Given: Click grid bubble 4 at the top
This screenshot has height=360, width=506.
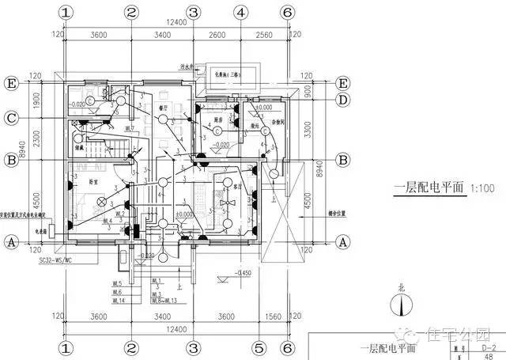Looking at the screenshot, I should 240,13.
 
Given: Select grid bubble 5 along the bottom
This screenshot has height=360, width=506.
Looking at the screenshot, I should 258,347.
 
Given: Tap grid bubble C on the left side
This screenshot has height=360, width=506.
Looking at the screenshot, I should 12,119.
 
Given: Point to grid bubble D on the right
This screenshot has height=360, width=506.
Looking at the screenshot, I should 343,100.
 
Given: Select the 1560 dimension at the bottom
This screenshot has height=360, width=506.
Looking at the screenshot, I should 272,317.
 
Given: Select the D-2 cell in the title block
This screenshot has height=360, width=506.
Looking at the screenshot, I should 489,346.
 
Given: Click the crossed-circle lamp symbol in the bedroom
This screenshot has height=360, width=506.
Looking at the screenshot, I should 100,201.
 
